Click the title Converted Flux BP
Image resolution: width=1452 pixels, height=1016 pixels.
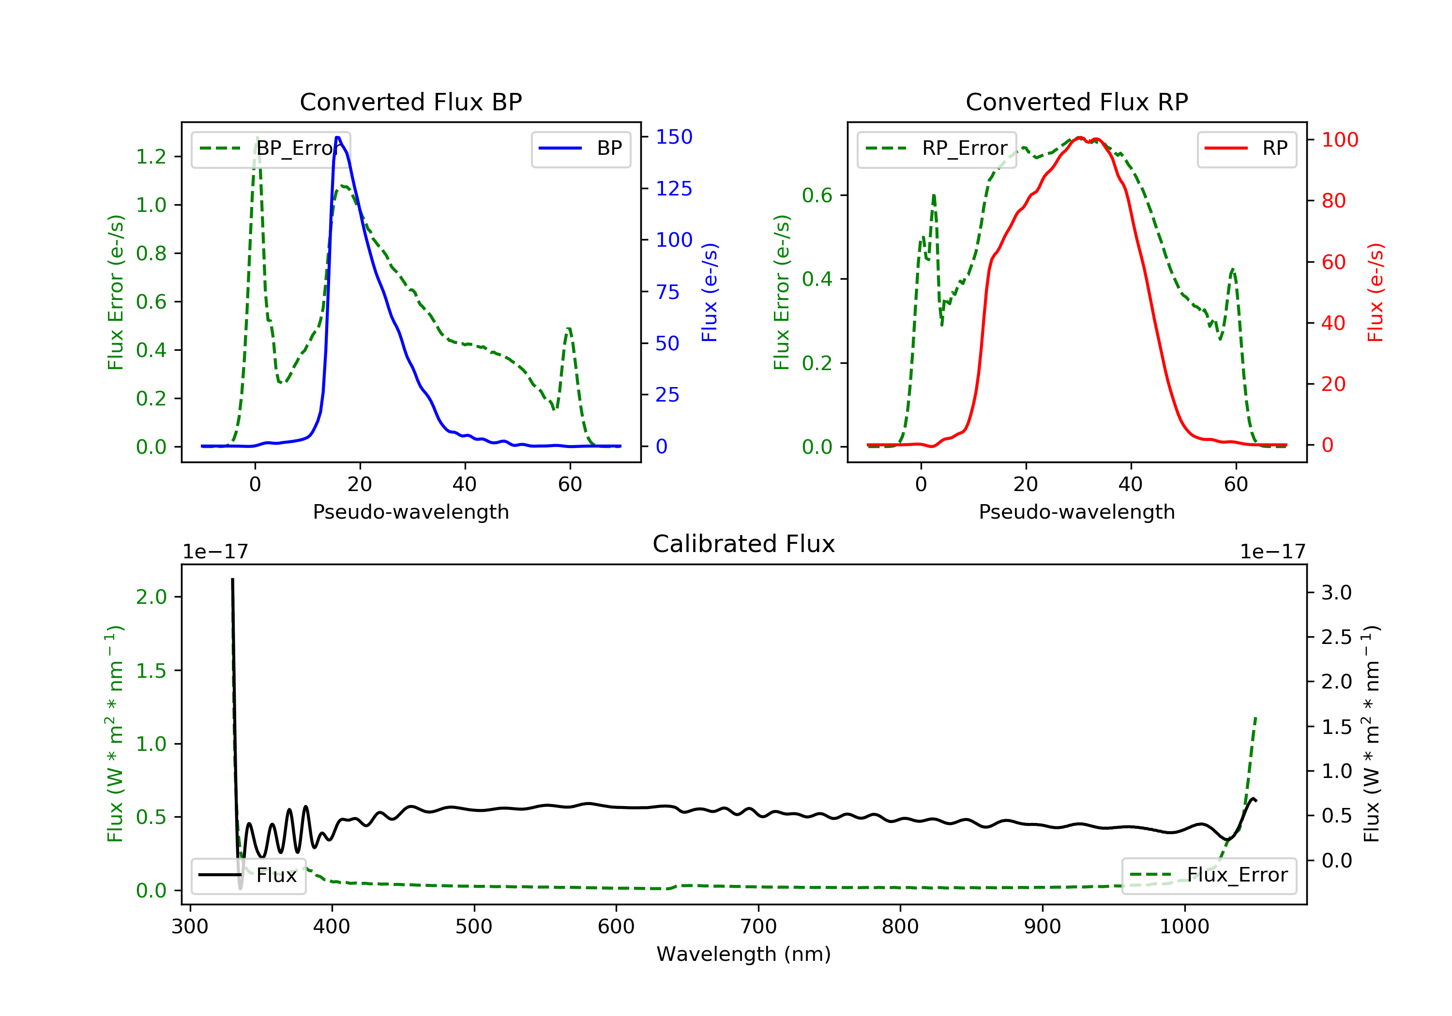click(x=410, y=102)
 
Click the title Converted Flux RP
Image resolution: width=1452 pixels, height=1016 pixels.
click(x=1076, y=102)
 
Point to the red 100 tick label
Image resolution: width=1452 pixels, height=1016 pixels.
click(x=1339, y=140)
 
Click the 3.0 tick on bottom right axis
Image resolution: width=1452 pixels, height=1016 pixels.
click(x=1336, y=592)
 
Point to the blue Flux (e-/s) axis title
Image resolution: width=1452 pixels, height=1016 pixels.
click(x=710, y=292)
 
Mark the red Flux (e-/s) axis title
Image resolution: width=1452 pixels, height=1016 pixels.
click(x=1376, y=292)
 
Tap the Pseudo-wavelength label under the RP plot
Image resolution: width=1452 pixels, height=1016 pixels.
click(x=1076, y=511)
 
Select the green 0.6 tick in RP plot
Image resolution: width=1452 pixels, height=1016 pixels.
click(x=817, y=195)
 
